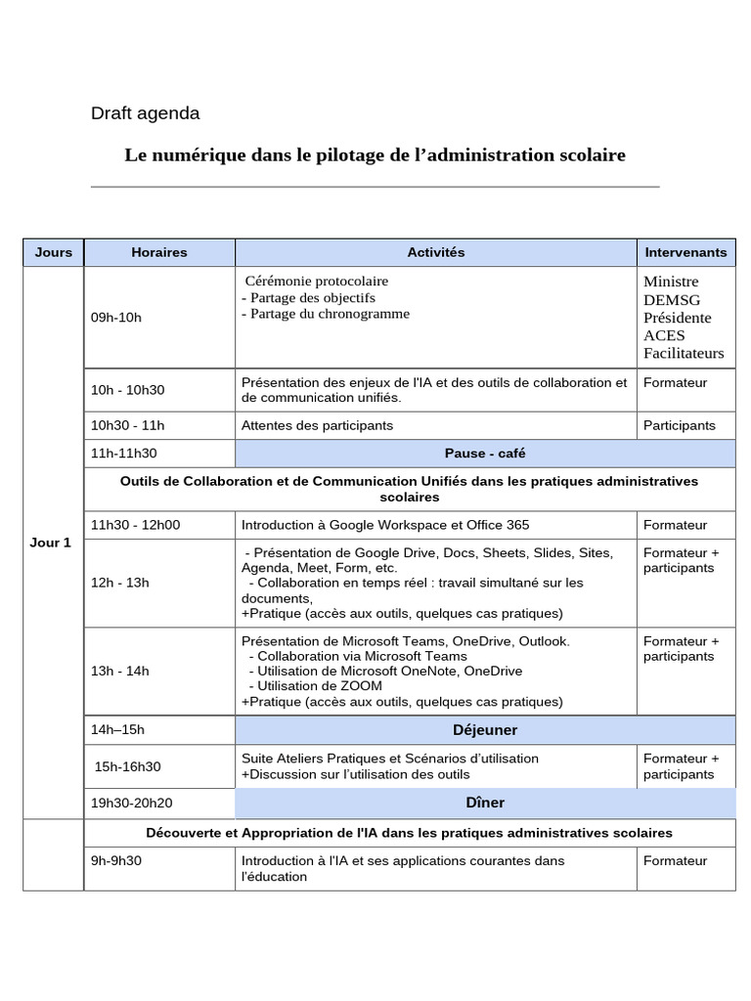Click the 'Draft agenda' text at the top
[145, 113]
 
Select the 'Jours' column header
[54, 252]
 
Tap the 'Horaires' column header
[159, 252]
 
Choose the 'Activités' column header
[435, 252]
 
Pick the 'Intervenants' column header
[685, 252]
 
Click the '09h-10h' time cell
[116, 318]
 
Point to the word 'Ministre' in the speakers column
[671, 282]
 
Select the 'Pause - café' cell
[484, 453]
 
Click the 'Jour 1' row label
[51, 544]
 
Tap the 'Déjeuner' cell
[484, 730]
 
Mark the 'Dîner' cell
[484, 803]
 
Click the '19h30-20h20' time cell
[132, 803]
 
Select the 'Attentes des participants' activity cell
[317, 425]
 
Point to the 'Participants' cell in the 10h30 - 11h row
[679, 425]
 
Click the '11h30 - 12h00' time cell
[135, 525]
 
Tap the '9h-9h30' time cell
[116, 861]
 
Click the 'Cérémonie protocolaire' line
[317, 282]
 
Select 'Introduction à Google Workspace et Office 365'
[385, 525]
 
